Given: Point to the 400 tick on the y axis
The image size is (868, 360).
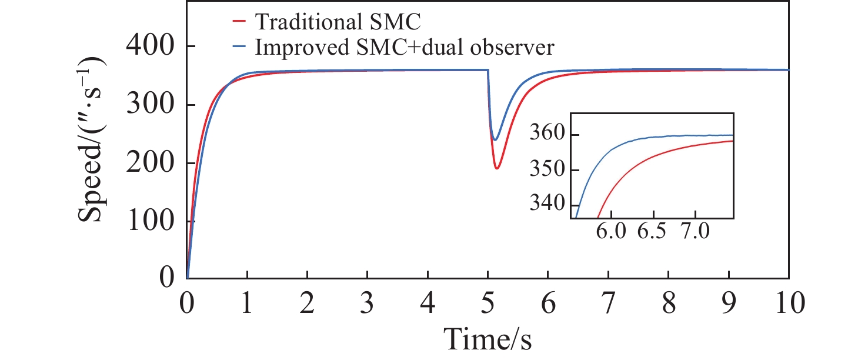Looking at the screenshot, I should click(x=151, y=47).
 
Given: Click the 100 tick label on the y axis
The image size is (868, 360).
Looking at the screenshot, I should click(x=151, y=222).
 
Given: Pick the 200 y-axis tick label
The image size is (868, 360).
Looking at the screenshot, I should click(x=151, y=164).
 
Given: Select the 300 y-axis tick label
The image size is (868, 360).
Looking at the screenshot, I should click(x=151, y=105).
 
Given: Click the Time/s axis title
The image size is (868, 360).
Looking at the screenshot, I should click(x=488, y=339).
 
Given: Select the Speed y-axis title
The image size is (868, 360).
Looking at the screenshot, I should click(x=94, y=139).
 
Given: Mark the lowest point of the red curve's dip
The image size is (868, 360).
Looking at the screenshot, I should click(x=497, y=169).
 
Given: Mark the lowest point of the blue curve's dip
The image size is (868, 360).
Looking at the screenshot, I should click(x=495, y=140).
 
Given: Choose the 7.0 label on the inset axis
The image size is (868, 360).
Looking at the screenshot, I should click(x=696, y=233).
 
